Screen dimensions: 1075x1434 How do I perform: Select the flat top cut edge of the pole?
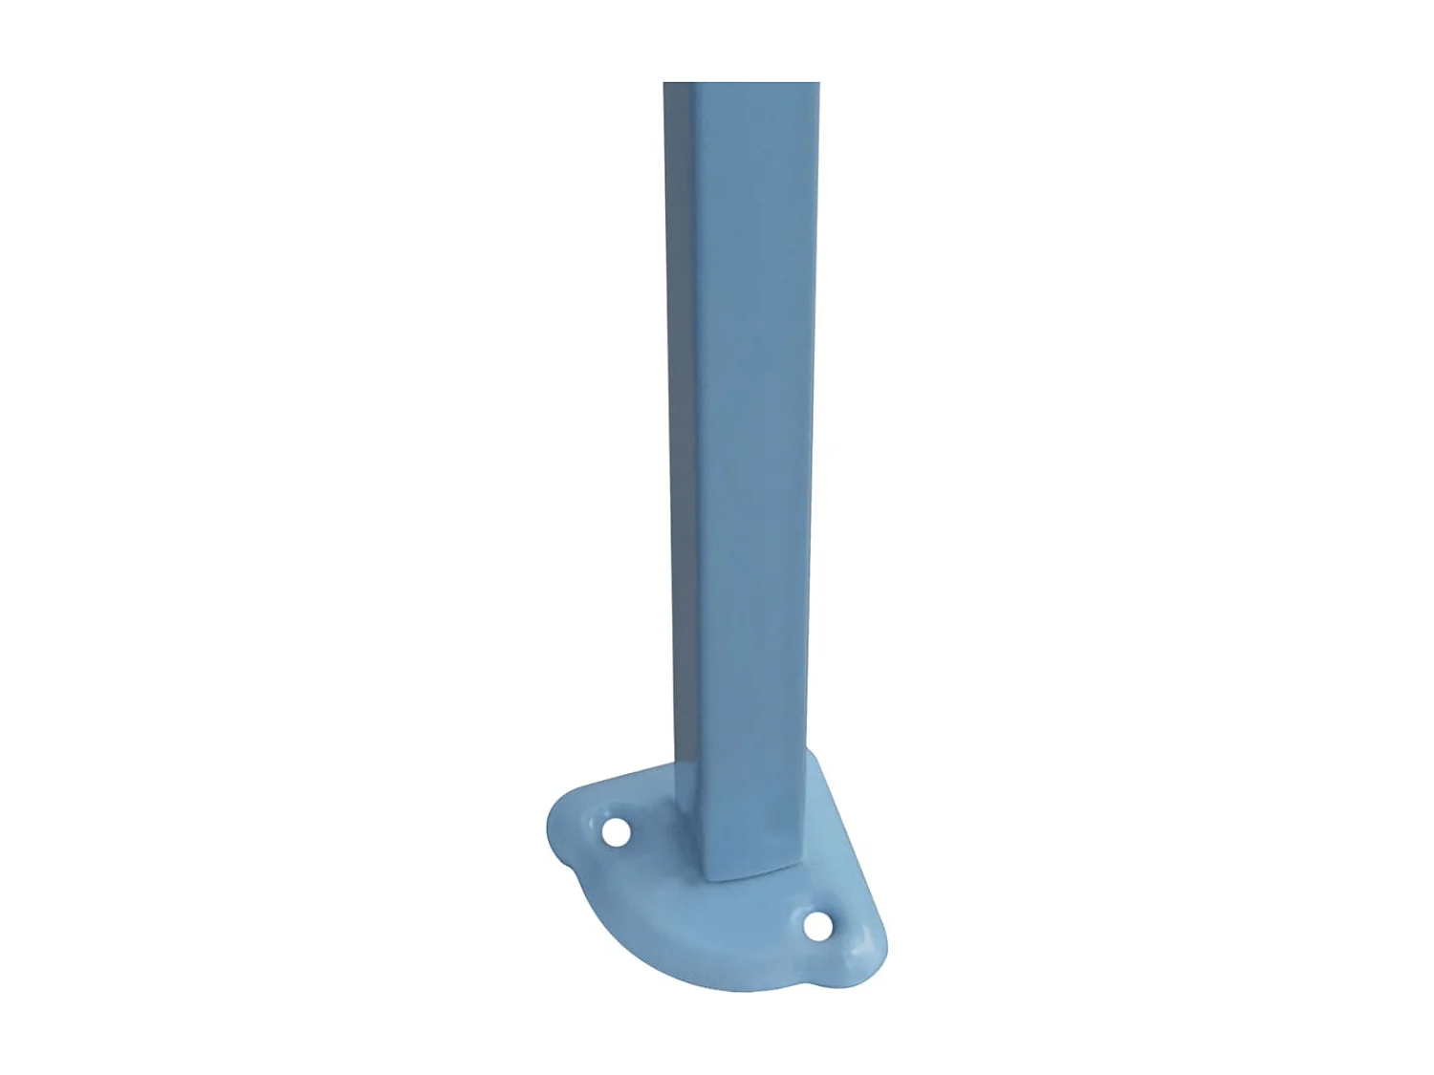pos(742,83)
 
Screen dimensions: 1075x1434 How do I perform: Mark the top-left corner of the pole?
pos(664,84)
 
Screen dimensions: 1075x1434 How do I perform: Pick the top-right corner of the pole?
pos(819,84)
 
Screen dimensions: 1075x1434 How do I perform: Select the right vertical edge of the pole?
pos(815,430)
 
